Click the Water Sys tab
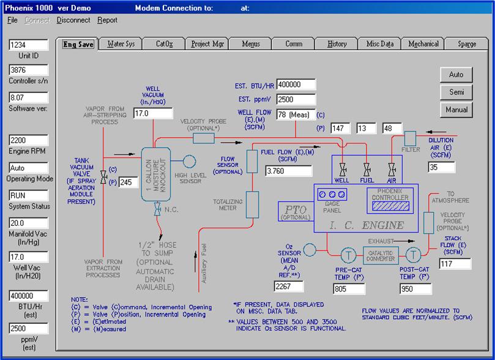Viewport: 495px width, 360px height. click(x=121, y=44)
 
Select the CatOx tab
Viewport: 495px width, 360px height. click(x=164, y=44)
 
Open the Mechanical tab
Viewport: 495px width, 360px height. click(x=423, y=44)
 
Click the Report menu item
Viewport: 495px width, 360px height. click(x=107, y=20)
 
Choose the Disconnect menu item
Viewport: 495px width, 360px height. click(x=73, y=20)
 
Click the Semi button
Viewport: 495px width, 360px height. click(x=456, y=92)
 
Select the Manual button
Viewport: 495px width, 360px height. click(x=456, y=110)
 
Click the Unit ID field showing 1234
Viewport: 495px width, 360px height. click(x=29, y=46)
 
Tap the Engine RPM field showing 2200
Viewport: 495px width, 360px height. click(x=29, y=140)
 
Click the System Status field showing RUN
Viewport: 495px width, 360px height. click(x=29, y=196)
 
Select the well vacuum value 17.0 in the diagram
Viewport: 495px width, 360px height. click(x=152, y=113)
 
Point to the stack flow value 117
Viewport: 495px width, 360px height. click(x=455, y=264)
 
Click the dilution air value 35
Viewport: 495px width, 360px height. click(x=441, y=167)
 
